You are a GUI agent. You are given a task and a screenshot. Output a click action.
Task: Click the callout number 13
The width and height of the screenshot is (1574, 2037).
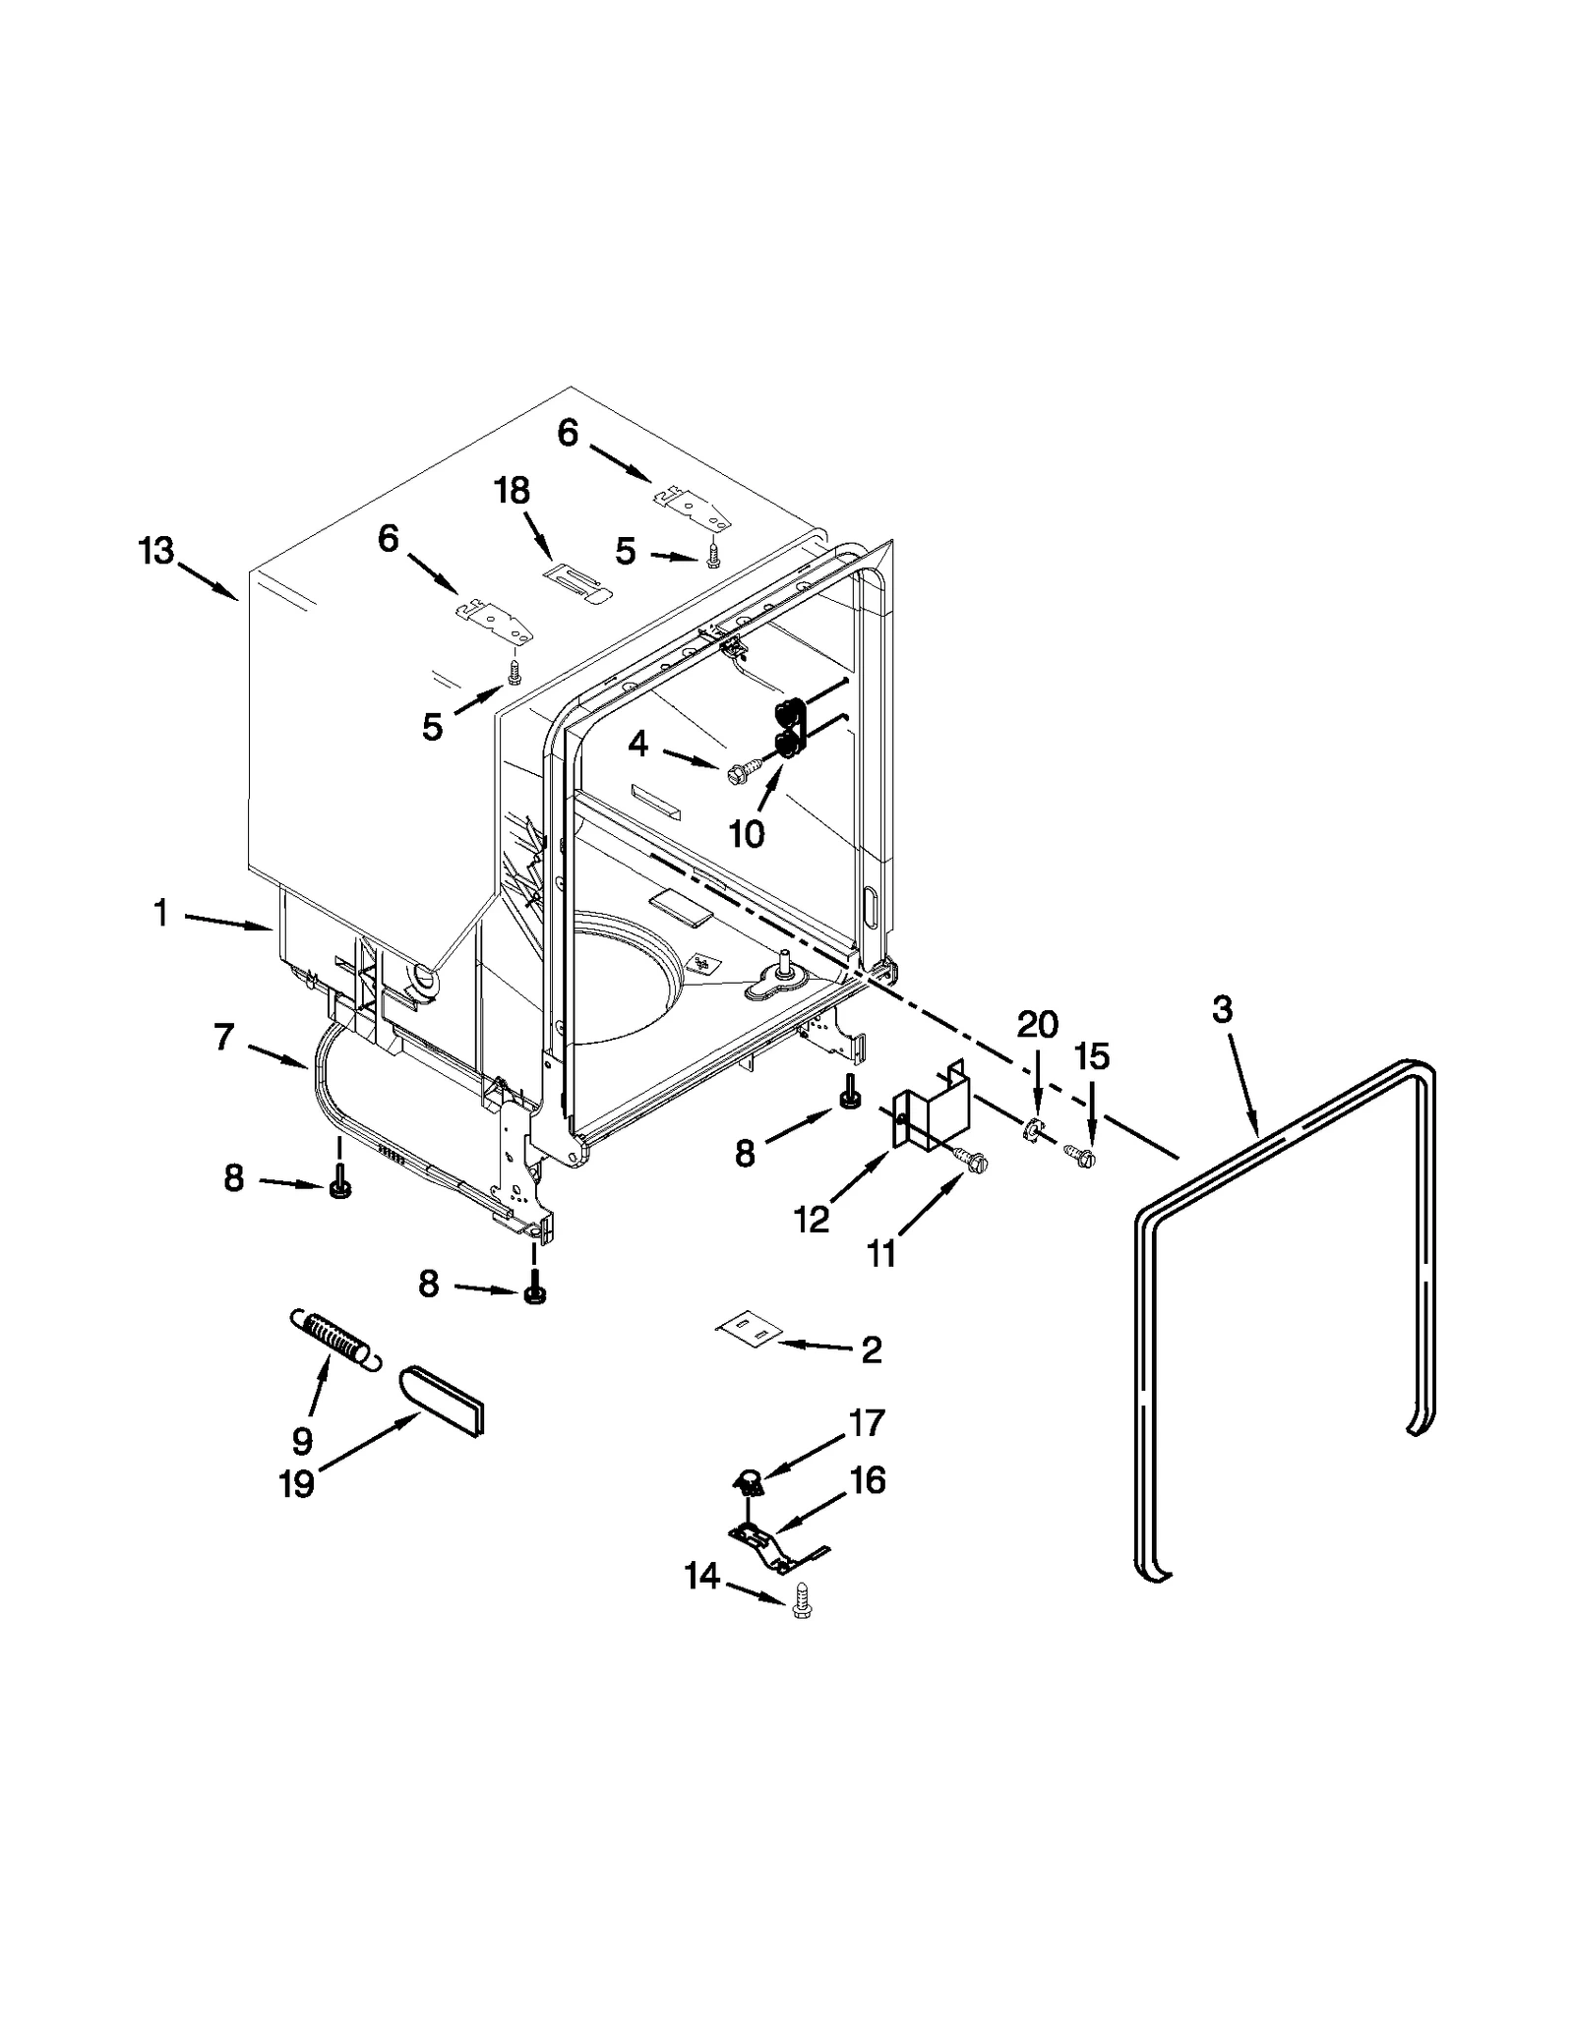155,552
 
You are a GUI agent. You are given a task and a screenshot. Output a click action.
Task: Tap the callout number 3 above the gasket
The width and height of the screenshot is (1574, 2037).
1221,1009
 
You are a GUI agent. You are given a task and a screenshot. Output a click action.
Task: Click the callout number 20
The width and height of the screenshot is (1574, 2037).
1036,1025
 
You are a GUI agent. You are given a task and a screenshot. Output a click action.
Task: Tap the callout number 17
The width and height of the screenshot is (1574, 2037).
867,1422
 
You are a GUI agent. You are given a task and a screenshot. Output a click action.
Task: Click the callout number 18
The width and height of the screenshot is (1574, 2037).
512,490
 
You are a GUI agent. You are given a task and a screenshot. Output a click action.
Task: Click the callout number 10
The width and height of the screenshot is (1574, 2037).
747,834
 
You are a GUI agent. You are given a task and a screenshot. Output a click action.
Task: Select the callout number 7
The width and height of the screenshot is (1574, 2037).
223,1036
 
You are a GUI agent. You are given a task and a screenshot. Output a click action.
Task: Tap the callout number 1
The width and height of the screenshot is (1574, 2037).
160,914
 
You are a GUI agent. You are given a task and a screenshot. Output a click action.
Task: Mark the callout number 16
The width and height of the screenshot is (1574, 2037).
867,1480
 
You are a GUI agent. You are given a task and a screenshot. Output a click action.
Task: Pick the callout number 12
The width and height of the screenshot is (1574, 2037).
812,1221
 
